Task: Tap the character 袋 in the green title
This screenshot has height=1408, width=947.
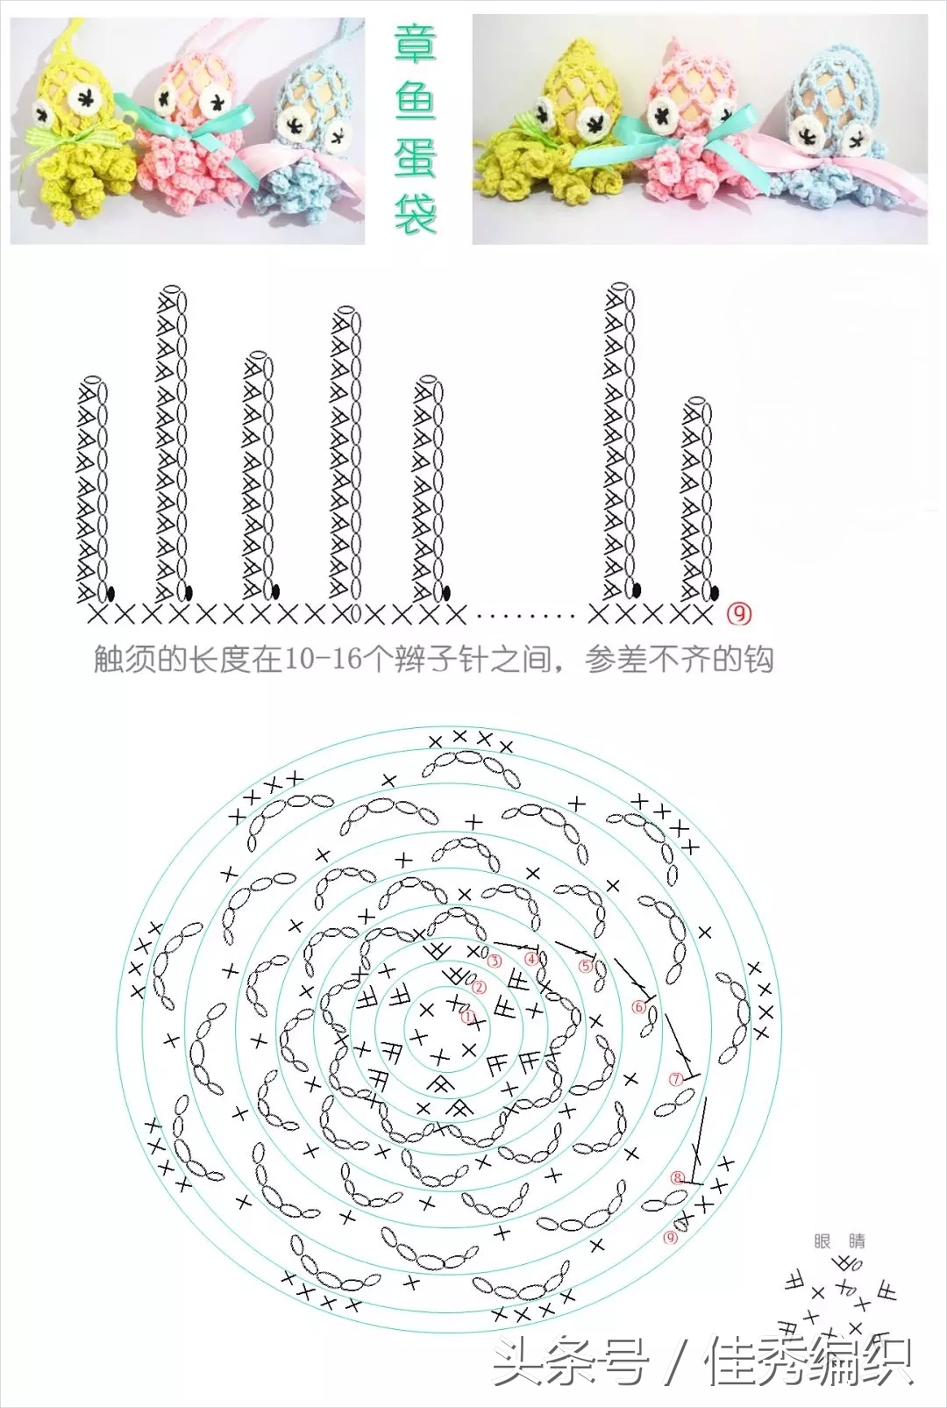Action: (414, 212)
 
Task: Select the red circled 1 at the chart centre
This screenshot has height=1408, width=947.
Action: (468, 1018)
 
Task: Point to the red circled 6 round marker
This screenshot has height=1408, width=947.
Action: (639, 1007)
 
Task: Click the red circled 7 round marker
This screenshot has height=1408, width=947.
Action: (676, 1080)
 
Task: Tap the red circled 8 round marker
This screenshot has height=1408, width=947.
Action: (678, 1177)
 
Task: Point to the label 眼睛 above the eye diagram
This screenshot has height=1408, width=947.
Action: (840, 1240)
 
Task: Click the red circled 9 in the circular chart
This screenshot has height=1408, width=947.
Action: (672, 1238)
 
